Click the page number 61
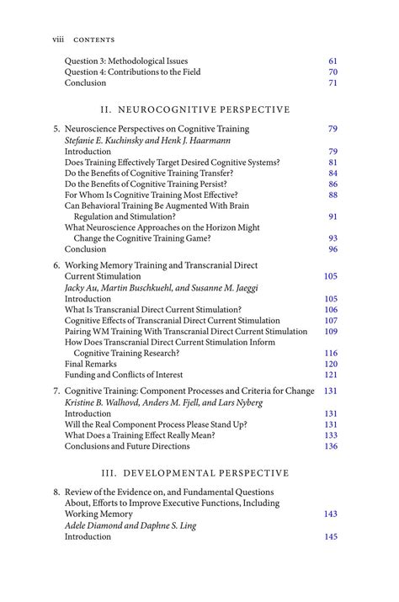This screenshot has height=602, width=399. pos(332,61)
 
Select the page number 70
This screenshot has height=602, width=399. pos(332,72)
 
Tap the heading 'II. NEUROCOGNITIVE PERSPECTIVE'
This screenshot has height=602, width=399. pos(194,109)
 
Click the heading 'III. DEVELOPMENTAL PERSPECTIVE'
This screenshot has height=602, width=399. pos(194,472)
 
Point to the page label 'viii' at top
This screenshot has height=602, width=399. pos(58,40)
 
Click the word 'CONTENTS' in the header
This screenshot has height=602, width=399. pos(94,40)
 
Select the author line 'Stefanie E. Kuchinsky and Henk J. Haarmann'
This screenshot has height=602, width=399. pos(148,141)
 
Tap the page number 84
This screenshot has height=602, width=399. pos(332,173)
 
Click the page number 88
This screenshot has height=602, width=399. pos(332,195)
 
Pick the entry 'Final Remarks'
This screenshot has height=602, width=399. pos(93,364)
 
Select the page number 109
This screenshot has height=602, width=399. pos(331,332)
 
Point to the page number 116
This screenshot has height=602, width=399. pos(331,354)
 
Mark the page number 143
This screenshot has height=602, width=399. pos(331,514)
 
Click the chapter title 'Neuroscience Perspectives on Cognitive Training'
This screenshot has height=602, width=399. pos(157,130)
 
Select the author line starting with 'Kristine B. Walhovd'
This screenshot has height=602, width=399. pos(163,402)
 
